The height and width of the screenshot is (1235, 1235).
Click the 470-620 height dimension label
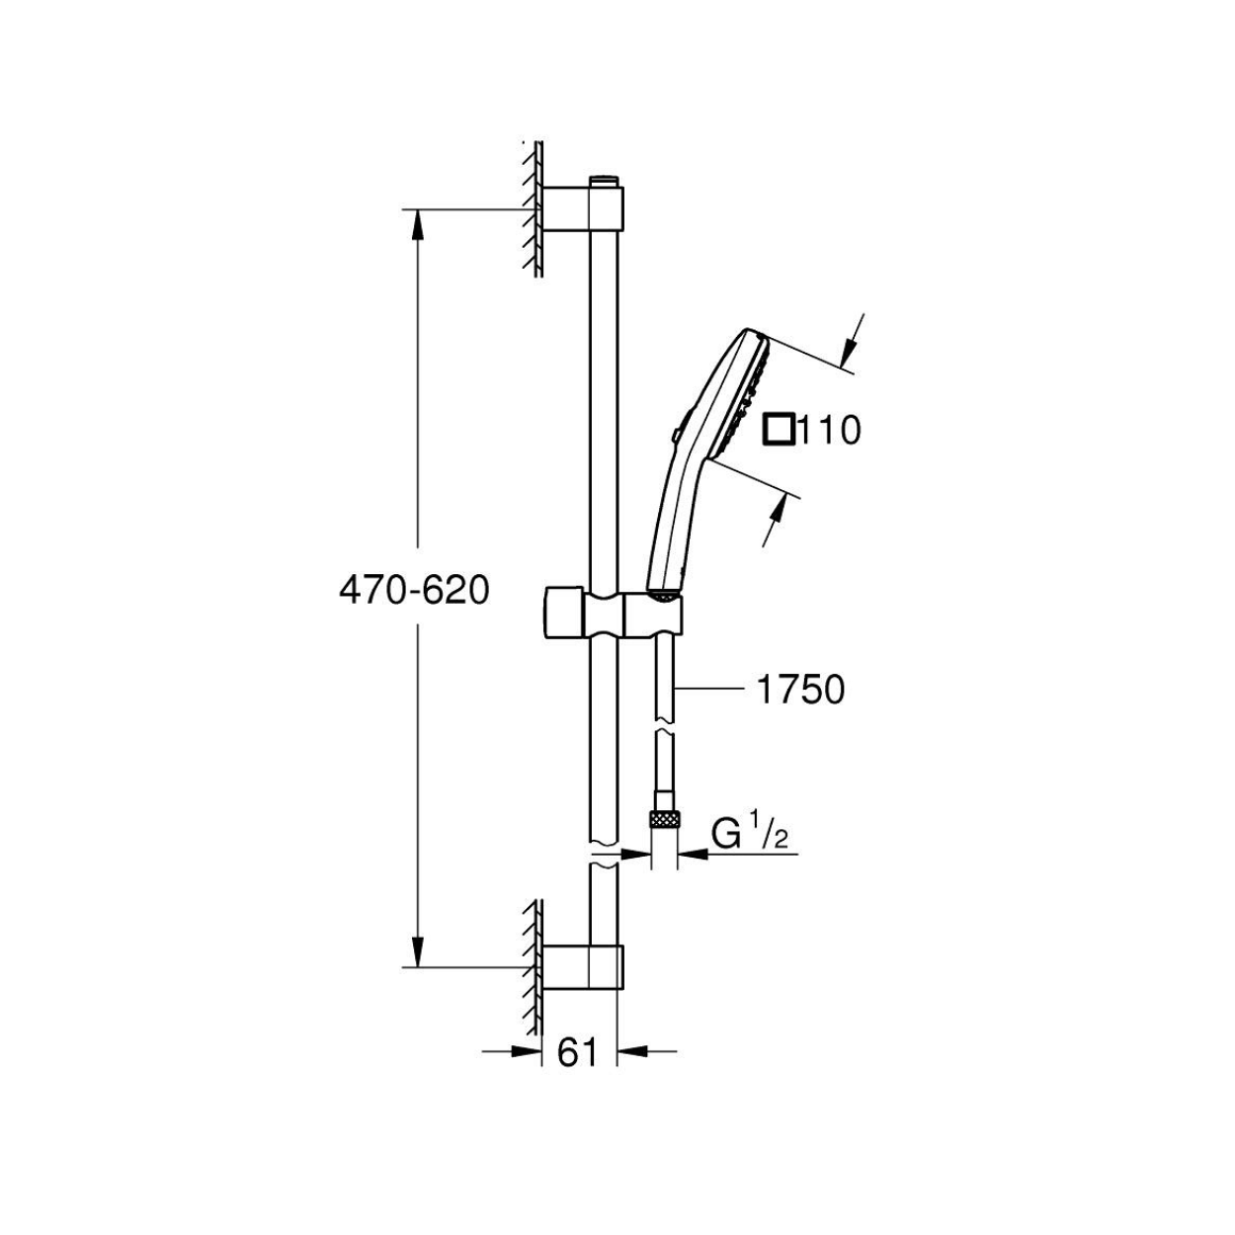pos(414,591)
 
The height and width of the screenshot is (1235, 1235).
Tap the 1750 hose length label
pos(800,691)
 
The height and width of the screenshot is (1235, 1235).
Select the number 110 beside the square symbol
pos(828,430)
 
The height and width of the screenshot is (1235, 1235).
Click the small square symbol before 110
pos(778,430)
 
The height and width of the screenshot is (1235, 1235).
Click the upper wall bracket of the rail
pos(582,208)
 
